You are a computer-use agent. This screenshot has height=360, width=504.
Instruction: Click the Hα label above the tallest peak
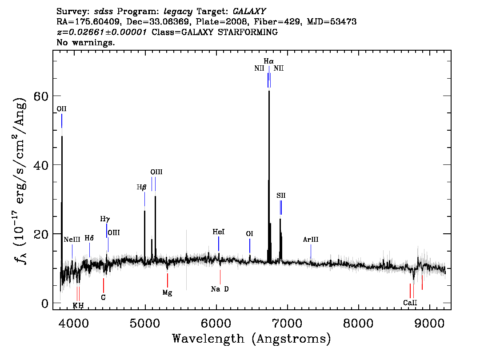click(x=269, y=61)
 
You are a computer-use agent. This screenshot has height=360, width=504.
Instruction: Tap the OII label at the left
click(x=61, y=109)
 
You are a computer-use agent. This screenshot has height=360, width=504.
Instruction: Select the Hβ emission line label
click(x=141, y=187)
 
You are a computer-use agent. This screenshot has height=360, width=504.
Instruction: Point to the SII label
click(x=281, y=196)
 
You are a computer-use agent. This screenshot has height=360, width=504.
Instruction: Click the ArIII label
click(x=311, y=240)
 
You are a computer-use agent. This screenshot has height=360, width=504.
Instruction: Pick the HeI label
click(x=219, y=232)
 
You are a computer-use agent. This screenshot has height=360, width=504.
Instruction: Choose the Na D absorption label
click(x=220, y=289)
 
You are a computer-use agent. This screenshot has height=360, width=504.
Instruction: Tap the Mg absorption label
click(x=167, y=292)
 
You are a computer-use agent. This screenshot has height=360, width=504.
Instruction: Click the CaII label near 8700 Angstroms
click(x=410, y=303)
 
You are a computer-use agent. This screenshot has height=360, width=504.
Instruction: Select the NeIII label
click(x=72, y=240)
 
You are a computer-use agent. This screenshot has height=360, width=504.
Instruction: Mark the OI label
click(x=249, y=234)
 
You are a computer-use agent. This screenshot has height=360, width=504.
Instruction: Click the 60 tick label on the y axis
click(x=41, y=96)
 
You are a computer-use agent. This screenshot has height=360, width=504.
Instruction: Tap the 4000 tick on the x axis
click(x=74, y=323)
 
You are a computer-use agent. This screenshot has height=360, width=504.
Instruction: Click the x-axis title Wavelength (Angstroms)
click(x=252, y=339)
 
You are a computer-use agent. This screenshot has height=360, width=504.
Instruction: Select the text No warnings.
click(x=85, y=42)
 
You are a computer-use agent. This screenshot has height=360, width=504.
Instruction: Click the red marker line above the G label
click(x=104, y=285)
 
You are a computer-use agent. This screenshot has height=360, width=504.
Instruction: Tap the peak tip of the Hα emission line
click(x=269, y=91)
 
